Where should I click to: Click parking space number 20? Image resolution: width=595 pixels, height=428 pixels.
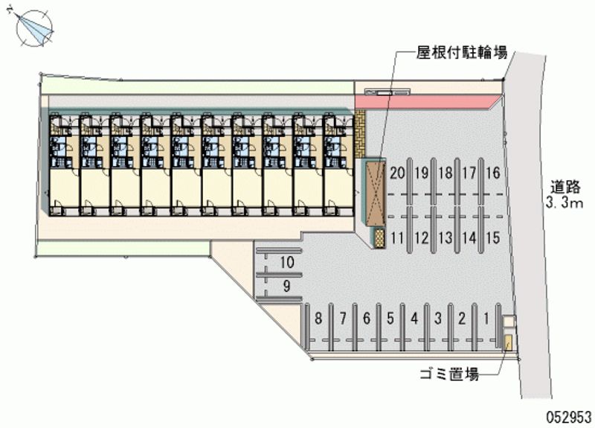click(397, 174)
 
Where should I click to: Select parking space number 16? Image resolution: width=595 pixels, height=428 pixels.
click(492, 174)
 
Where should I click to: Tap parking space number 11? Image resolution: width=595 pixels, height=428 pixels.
click(397, 238)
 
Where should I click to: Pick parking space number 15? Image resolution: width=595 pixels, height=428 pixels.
click(492, 238)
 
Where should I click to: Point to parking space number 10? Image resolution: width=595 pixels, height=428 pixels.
click(287, 262)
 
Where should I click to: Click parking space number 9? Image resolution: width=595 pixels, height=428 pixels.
click(287, 287)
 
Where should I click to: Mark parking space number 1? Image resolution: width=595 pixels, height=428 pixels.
click(486, 319)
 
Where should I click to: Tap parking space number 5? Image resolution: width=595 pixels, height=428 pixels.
click(390, 319)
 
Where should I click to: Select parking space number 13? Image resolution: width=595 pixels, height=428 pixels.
click(445, 238)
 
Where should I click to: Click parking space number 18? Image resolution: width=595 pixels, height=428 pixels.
click(445, 174)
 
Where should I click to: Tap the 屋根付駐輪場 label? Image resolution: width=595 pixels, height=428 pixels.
click(461, 53)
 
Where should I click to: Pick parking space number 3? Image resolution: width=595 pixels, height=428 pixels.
click(438, 319)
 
